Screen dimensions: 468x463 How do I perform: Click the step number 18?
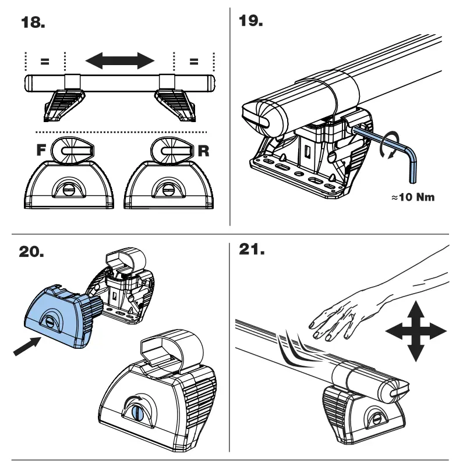pyautogui.click(x=33, y=24)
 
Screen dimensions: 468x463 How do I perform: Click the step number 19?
pyautogui.click(x=251, y=22)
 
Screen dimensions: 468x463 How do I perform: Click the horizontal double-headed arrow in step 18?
pyautogui.click(x=119, y=60)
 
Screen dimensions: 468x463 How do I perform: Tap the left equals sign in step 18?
pyautogui.click(x=45, y=60)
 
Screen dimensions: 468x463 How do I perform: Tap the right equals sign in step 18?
pyautogui.click(x=194, y=60)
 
